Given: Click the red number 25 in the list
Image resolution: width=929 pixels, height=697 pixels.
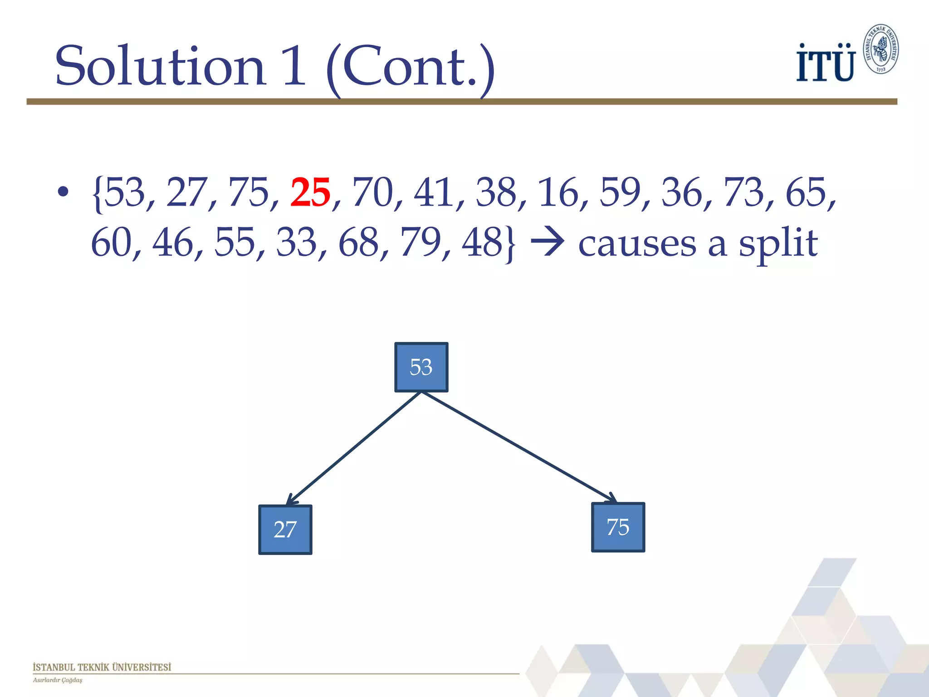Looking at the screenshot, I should pos(310,193).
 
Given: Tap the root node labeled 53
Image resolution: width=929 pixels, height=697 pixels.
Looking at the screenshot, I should pos(421,367).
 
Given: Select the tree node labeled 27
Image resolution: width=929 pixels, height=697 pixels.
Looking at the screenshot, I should pos(285,530).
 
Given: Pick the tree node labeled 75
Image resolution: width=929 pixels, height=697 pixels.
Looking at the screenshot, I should pos(618,527).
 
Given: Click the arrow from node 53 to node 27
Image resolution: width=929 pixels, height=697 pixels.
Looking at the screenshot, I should pos(354,449).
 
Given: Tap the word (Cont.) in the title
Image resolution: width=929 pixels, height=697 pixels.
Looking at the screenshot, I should pos(410,68).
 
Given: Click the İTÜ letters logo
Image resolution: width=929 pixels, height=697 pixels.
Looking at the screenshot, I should pos(826,64).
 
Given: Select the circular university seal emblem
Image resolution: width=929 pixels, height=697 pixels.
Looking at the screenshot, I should pos(880,49).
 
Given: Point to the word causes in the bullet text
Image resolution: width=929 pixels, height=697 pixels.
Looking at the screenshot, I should pos(637,244).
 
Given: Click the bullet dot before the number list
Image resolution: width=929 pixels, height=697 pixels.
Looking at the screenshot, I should pos(63,192).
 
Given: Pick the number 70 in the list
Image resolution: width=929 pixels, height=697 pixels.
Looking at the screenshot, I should pos(372,193).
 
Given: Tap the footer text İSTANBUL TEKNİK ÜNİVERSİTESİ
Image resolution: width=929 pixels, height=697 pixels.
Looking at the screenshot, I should pos(102,667).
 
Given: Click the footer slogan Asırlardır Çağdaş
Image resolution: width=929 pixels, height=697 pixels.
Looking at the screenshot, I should pos(58,680).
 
